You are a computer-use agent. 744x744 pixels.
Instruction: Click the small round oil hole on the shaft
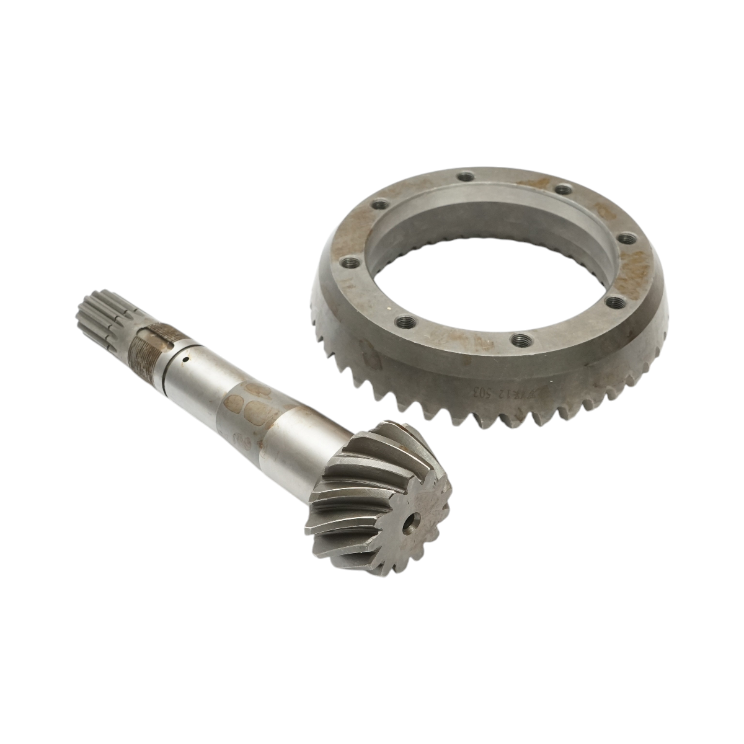pos(185,358)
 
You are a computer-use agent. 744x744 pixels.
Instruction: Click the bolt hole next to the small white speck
pos(406,321)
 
